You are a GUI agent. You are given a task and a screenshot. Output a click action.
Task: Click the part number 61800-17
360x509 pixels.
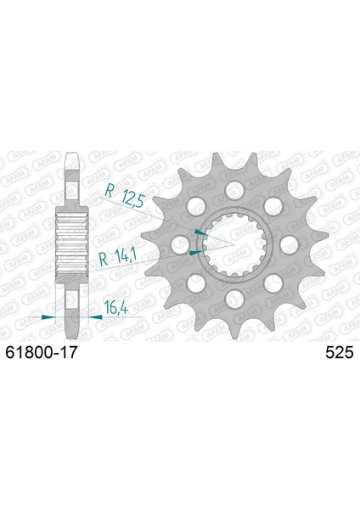(x=42, y=352)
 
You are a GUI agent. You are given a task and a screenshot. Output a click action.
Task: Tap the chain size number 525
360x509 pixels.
(x=340, y=353)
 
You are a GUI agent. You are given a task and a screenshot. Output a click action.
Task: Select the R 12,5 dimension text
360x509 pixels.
(x=124, y=197)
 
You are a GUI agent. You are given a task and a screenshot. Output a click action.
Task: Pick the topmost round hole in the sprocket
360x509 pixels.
(x=234, y=189)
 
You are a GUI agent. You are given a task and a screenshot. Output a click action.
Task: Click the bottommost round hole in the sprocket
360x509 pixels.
(x=234, y=299)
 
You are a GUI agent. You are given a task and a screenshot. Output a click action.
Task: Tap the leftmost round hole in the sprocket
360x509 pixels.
(x=180, y=244)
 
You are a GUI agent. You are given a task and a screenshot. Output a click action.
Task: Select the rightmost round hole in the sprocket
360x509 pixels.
(x=290, y=244)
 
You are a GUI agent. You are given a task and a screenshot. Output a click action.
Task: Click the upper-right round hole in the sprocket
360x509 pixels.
(x=273, y=205)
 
